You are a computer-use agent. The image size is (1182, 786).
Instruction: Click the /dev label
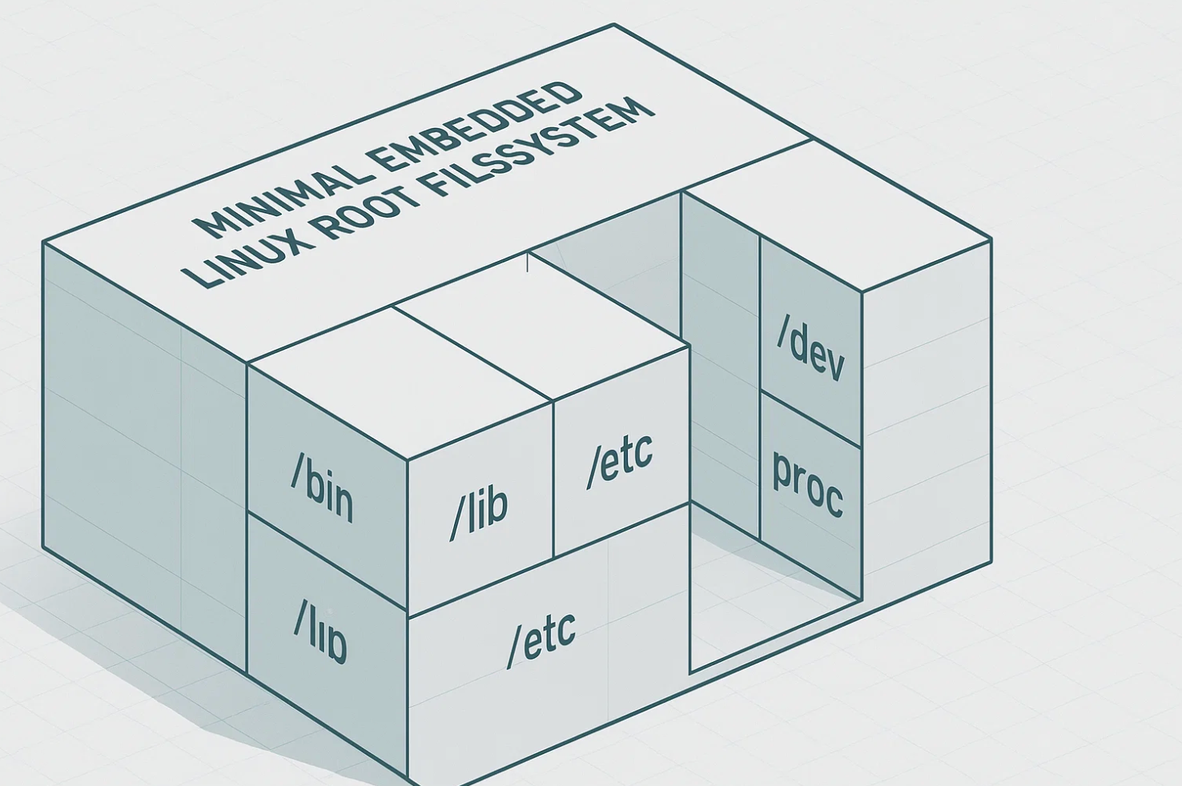coord(810,349)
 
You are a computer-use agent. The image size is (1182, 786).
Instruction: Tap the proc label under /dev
coord(807,483)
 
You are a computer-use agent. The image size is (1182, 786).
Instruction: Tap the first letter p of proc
coord(782,472)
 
